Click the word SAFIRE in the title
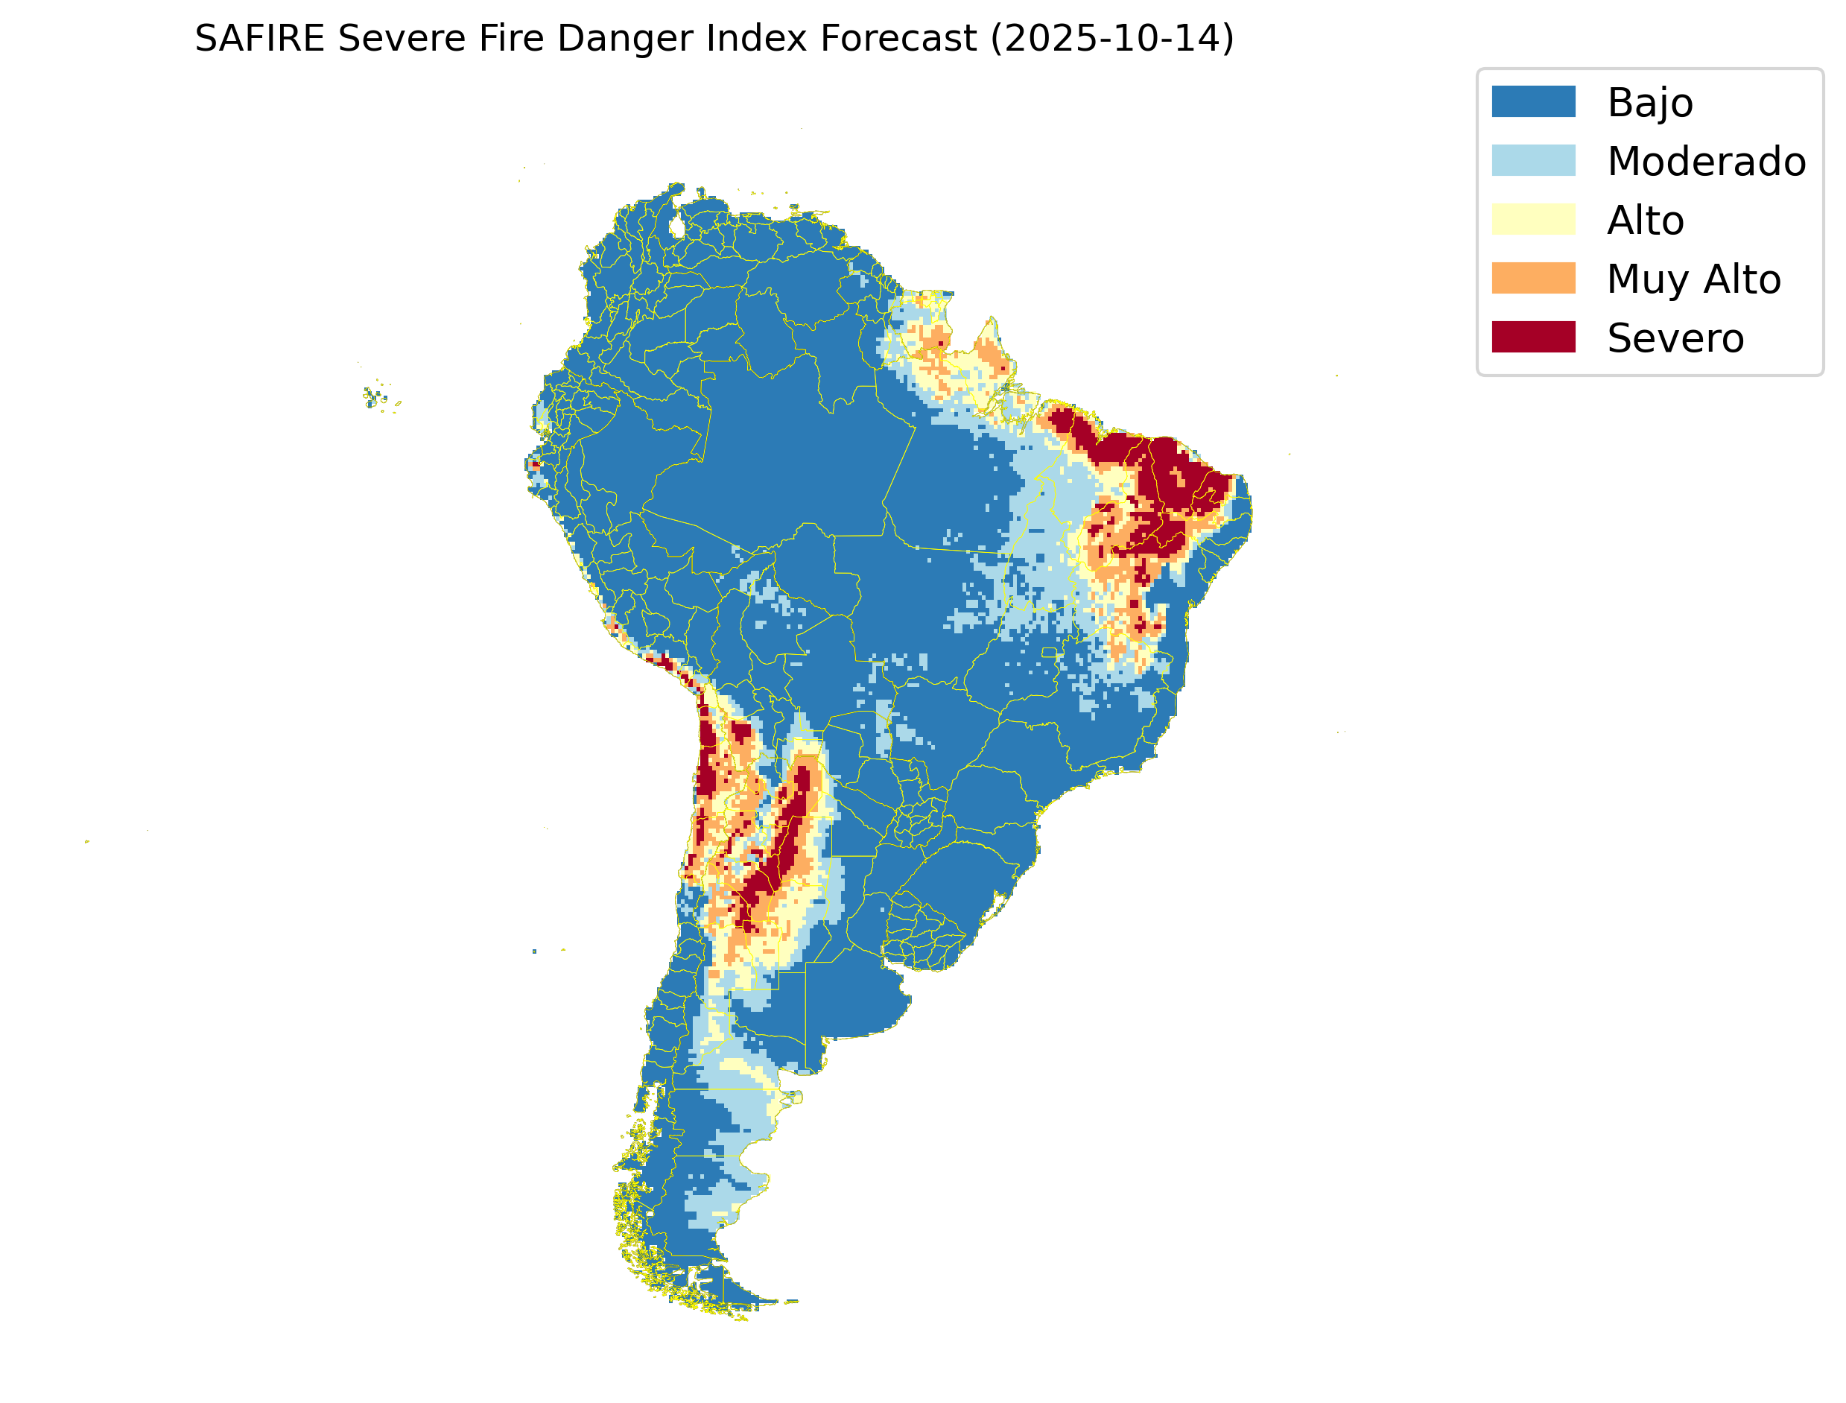(258, 39)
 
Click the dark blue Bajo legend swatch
(1533, 102)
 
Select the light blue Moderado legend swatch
(1533, 160)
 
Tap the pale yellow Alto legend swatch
(1533, 220)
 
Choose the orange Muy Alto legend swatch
(1533, 278)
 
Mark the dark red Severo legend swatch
(1533, 338)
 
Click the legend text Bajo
(1650, 103)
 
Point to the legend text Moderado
(1707, 161)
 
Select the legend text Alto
(1646, 221)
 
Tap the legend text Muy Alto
(1694, 279)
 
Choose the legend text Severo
(1675, 338)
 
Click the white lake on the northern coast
(677, 227)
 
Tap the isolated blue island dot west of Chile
(534, 951)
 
